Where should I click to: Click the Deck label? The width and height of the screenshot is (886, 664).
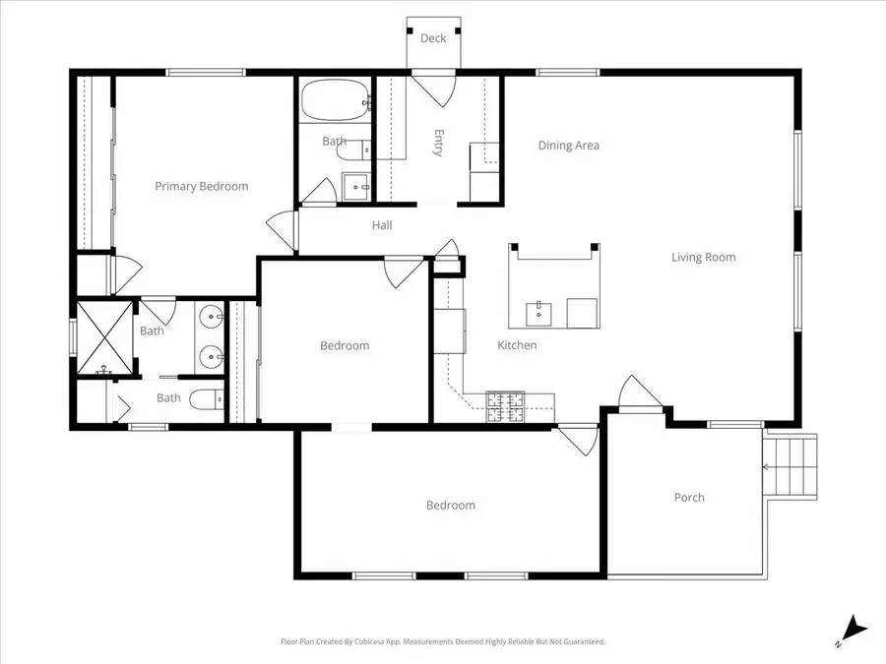tap(433, 37)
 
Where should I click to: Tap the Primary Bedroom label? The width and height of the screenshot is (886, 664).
tap(202, 186)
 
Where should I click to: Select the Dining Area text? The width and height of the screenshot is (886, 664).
tap(568, 146)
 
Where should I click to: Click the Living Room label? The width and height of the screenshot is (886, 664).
tap(704, 258)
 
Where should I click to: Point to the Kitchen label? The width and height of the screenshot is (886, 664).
tap(517, 345)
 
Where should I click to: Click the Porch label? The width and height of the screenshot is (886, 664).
tap(689, 498)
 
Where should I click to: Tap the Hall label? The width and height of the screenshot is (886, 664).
tap(382, 225)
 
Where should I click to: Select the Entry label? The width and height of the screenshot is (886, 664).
tap(438, 143)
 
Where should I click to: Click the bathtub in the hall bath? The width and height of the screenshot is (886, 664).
tap(335, 99)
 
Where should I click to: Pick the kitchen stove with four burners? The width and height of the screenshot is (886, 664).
tap(505, 406)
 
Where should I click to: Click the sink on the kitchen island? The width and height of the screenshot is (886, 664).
tap(539, 314)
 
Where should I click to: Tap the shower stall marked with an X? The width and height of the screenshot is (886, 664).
tap(104, 337)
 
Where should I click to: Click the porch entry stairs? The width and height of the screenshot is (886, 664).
tap(790, 465)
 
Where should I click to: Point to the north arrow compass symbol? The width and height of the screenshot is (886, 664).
tap(854, 631)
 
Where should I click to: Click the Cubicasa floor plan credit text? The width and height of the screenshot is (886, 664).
tap(443, 641)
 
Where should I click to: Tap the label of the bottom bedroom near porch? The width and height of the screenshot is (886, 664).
tap(450, 506)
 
